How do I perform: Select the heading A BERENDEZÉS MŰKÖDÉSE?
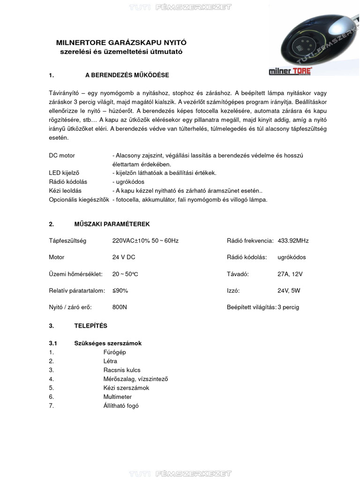tap(127, 75)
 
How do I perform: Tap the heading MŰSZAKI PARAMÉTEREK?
tap(112, 224)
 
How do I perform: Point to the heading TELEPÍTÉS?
tap(90, 325)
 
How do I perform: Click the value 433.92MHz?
tap(293, 240)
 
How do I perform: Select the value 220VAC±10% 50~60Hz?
tap(145, 240)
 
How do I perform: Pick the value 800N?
tap(120, 307)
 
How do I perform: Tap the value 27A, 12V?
tap(290, 274)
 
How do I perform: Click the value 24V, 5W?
tap(289, 291)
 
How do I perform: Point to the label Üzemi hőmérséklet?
tap(75, 274)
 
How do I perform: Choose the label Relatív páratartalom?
tap(77, 291)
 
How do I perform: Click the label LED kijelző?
tap(65, 173)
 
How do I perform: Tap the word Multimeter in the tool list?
tap(117, 397)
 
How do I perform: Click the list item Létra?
tap(110, 361)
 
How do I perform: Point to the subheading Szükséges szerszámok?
tap(108, 343)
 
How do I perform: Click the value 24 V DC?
tap(124, 257)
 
